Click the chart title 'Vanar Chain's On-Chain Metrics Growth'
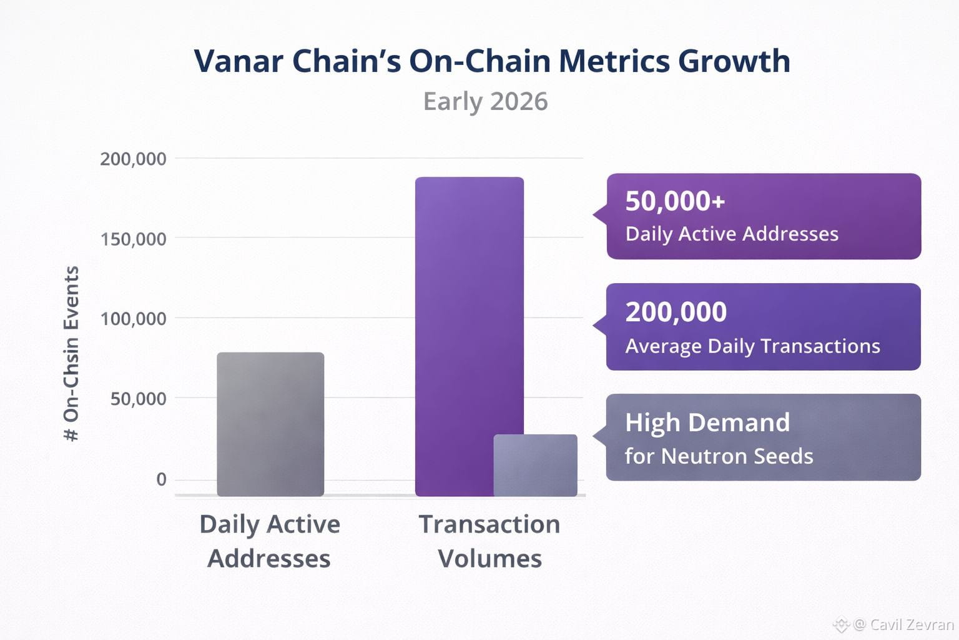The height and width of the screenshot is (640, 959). pos(492,61)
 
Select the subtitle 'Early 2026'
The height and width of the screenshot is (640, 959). pos(485,101)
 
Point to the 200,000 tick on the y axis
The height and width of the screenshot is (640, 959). pos(133,159)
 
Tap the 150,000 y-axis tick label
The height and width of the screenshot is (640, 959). pos(133,239)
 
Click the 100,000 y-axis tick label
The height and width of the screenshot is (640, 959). pos(133,319)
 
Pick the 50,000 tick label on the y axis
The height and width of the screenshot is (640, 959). pos(138,399)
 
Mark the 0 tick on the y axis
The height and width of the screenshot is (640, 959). pos(161,479)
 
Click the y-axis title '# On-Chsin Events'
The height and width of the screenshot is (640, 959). pos(71,354)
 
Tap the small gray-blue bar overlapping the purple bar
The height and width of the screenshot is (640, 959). pos(535,465)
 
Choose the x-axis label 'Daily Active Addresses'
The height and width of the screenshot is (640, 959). pos(269,541)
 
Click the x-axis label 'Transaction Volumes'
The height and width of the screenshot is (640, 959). pos(489,541)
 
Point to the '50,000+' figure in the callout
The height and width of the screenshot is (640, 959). pos(675,201)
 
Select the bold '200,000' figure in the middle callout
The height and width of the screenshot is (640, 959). pos(676,312)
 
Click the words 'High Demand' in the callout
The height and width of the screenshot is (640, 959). pos(707,422)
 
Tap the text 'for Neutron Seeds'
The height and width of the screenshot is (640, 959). pos(719,456)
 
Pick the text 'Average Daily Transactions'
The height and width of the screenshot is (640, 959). pos(752,346)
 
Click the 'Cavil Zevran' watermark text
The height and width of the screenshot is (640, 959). pos(912,624)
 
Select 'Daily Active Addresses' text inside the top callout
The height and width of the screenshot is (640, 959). pos(732,234)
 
